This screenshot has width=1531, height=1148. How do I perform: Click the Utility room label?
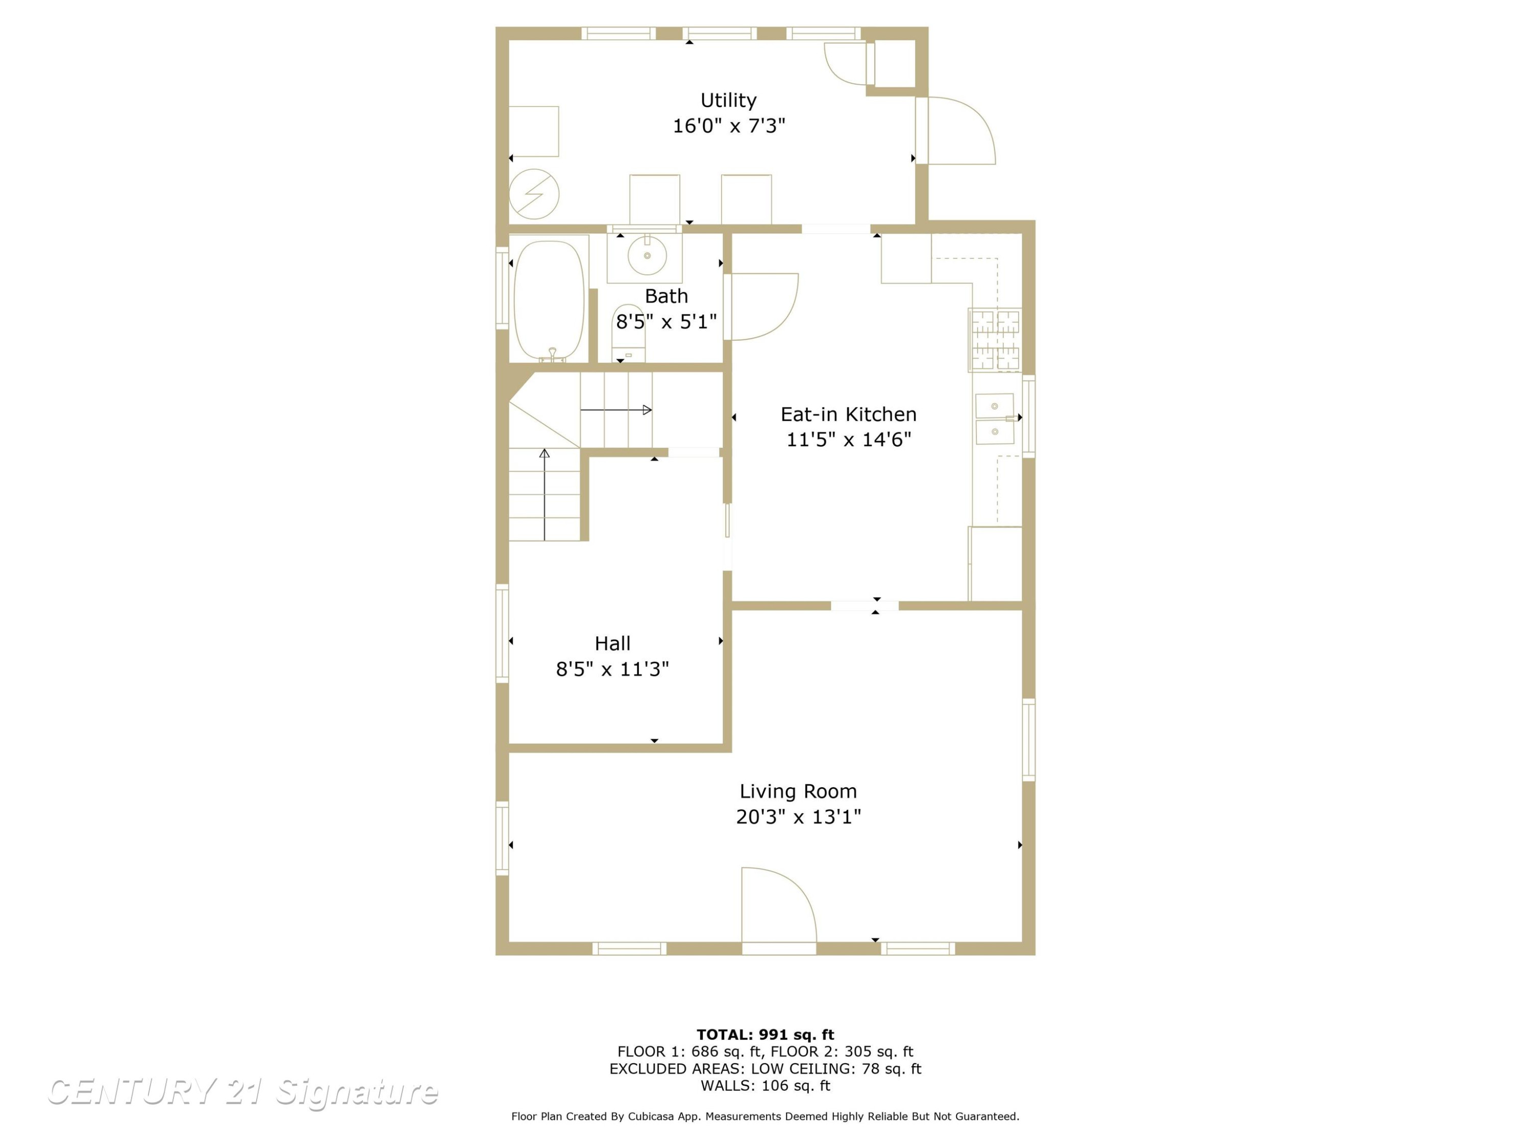coord(728,101)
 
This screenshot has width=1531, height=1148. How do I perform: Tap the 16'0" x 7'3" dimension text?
coord(729,126)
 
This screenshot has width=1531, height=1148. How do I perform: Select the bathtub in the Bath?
coord(549,301)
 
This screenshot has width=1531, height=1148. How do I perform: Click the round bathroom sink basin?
coord(647,255)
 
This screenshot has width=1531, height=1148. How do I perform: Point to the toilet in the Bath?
coord(628,333)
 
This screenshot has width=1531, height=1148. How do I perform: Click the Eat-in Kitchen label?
coord(849,414)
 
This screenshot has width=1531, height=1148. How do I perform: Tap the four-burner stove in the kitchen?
coord(995,340)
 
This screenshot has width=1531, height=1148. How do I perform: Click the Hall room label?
coord(612,643)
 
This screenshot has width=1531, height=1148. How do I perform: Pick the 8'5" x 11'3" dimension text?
coord(612,669)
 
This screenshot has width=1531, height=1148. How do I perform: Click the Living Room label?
coord(798,791)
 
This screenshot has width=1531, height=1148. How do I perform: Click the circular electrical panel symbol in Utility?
coord(534,194)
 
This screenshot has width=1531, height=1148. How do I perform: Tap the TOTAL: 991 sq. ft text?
coord(765,1035)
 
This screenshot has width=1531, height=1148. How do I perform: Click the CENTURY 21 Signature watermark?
coord(243,1092)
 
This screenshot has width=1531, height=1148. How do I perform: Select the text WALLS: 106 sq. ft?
coord(765,1086)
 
